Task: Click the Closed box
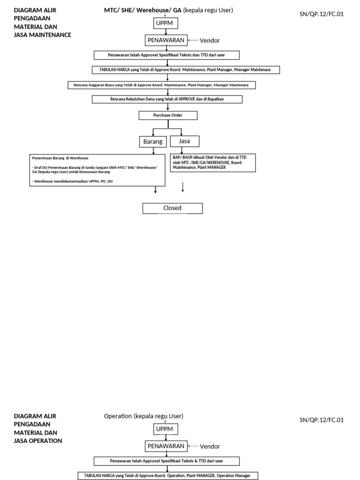(x=172, y=208)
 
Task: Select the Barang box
(x=152, y=141)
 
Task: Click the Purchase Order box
(x=168, y=115)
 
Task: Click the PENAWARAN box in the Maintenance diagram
(x=166, y=40)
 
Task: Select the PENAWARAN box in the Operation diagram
(x=166, y=446)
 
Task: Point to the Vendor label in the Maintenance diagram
(x=210, y=41)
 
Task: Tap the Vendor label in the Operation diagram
(x=210, y=446)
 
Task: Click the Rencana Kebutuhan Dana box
(x=167, y=99)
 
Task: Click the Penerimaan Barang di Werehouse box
(x=97, y=170)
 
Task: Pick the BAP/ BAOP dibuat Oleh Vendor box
(x=213, y=162)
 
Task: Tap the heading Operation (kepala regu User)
(x=143, y=416)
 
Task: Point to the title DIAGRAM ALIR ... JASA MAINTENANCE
(x=42, y=22)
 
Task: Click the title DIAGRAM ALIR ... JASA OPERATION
(x=39, y=428)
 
